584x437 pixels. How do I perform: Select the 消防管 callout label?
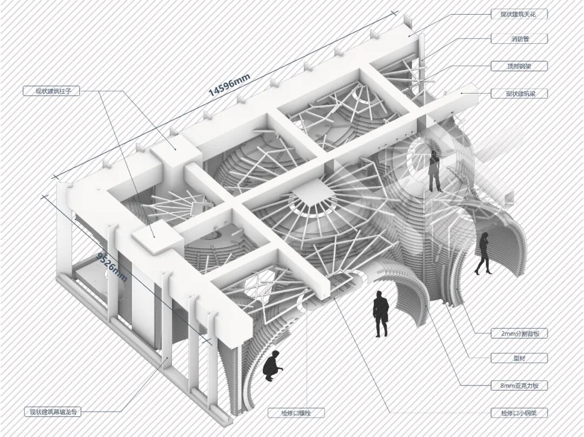click(519, 39)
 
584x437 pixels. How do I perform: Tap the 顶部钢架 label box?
click(519, 67)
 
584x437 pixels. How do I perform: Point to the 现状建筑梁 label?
click(519, 94)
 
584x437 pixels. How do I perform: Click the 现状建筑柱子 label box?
click(51, 91)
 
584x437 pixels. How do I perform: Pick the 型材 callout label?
click(519, 358)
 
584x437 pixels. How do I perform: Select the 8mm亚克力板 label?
click(519, 386)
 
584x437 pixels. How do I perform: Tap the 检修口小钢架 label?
click(519, 413)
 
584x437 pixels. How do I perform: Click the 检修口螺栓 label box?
click(296, 413)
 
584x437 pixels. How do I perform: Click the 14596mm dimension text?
click(229, 84)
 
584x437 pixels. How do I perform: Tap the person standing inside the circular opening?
click(435, 171)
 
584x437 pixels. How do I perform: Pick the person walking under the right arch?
click(482, 253)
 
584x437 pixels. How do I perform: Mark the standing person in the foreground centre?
click(381, 314)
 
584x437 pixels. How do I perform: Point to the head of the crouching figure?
click(276, 354)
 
